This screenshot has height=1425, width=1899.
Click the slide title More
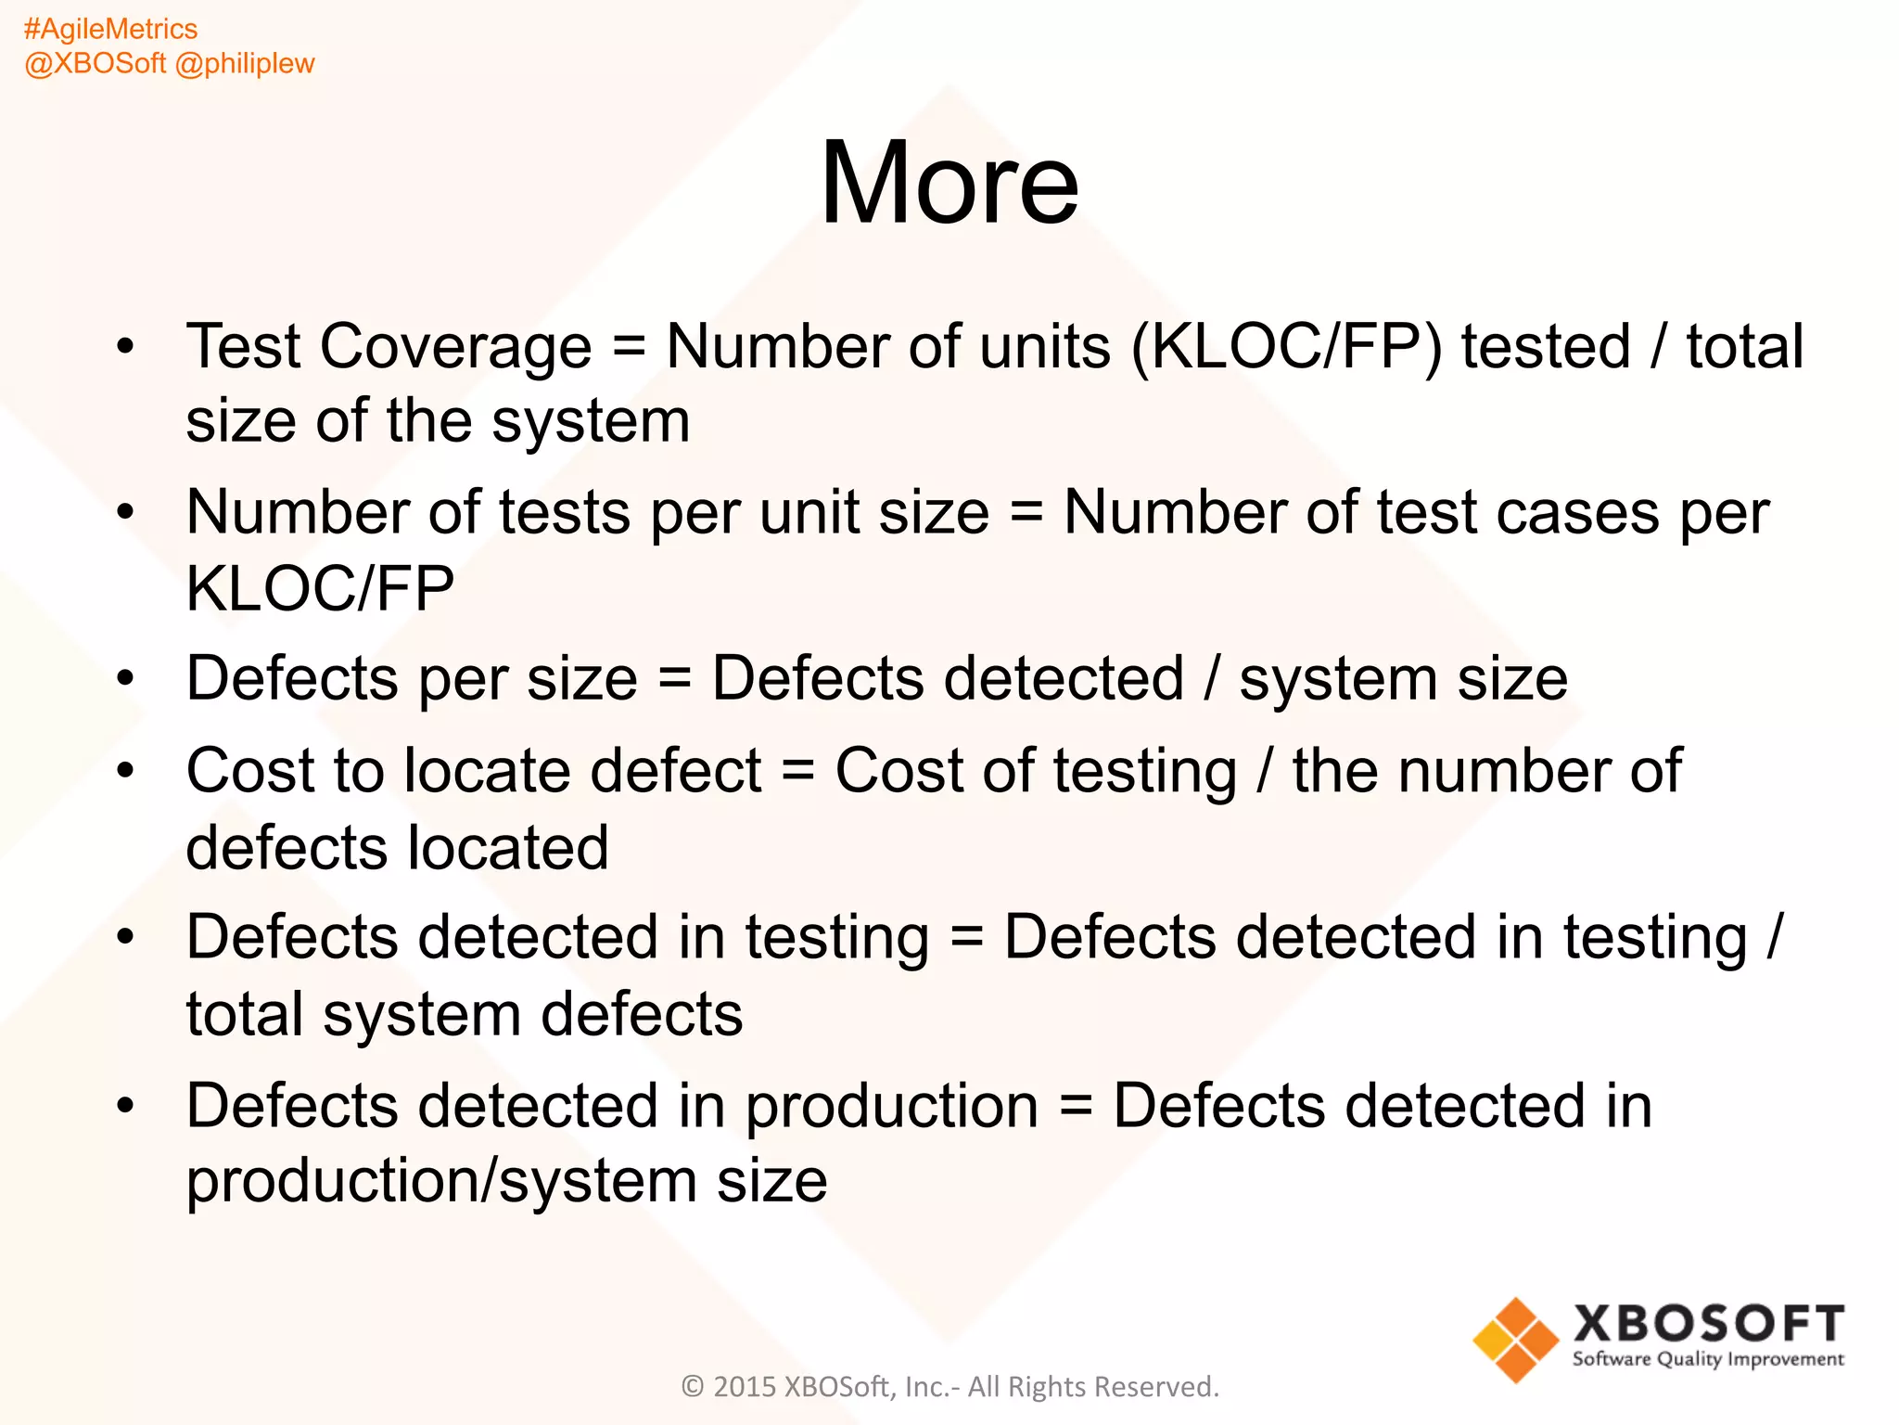[949, 183]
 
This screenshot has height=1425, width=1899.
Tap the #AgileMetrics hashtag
[110, 30]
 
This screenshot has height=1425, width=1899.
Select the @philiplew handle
[245, 64]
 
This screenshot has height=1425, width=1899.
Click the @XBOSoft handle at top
[96, 64]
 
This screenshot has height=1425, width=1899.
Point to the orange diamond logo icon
[1515, 1340]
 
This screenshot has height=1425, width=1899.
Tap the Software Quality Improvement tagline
[1708, 1360]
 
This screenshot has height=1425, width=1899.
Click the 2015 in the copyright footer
[745, 1387]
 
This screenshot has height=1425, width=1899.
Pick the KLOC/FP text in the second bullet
[320, 588]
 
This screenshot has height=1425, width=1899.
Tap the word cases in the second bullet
[1577, 513]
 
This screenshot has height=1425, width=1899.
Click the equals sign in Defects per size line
[674, 679]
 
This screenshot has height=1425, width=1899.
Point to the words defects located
[397, 848]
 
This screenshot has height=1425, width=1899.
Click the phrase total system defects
[464, 1014]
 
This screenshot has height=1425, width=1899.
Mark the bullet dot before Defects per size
[125, 679]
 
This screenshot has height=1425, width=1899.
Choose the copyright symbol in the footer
[693, 1387]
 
